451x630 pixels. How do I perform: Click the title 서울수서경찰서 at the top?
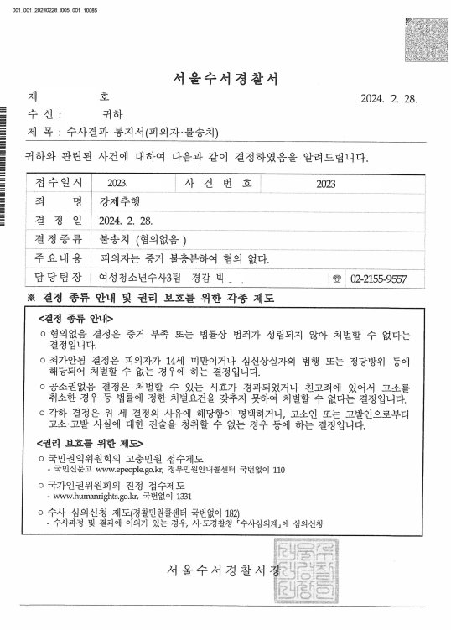coord(225,80)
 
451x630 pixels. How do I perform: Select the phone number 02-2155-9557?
coord(379,279)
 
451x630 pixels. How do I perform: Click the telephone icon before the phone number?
coord(338,279)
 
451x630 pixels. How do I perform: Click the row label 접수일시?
coord(59,181)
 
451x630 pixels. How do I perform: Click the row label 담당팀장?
coord(59,278)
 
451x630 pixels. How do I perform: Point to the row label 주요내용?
coord(59,258)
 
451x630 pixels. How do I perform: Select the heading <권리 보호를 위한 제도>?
coord(90,444)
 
